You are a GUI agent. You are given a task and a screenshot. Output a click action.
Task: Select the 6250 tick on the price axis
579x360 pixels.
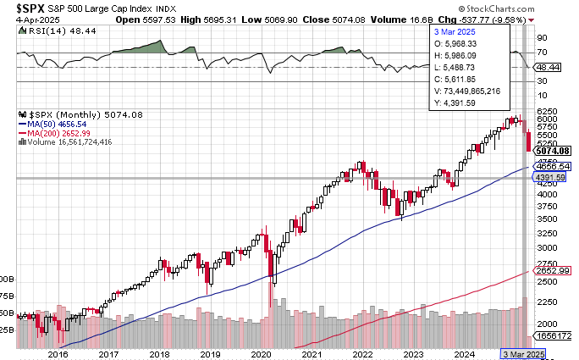[545, 111]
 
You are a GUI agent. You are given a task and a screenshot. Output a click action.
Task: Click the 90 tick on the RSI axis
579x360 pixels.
[541, 37]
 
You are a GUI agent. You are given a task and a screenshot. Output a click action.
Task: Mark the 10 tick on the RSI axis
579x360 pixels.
[541, 95]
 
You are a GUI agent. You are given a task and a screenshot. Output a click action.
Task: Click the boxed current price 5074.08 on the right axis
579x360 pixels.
[553, 151]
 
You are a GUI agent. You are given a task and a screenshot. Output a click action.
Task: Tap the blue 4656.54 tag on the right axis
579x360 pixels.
[554, 167]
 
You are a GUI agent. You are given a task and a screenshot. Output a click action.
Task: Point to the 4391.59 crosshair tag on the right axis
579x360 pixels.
[554, 178]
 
